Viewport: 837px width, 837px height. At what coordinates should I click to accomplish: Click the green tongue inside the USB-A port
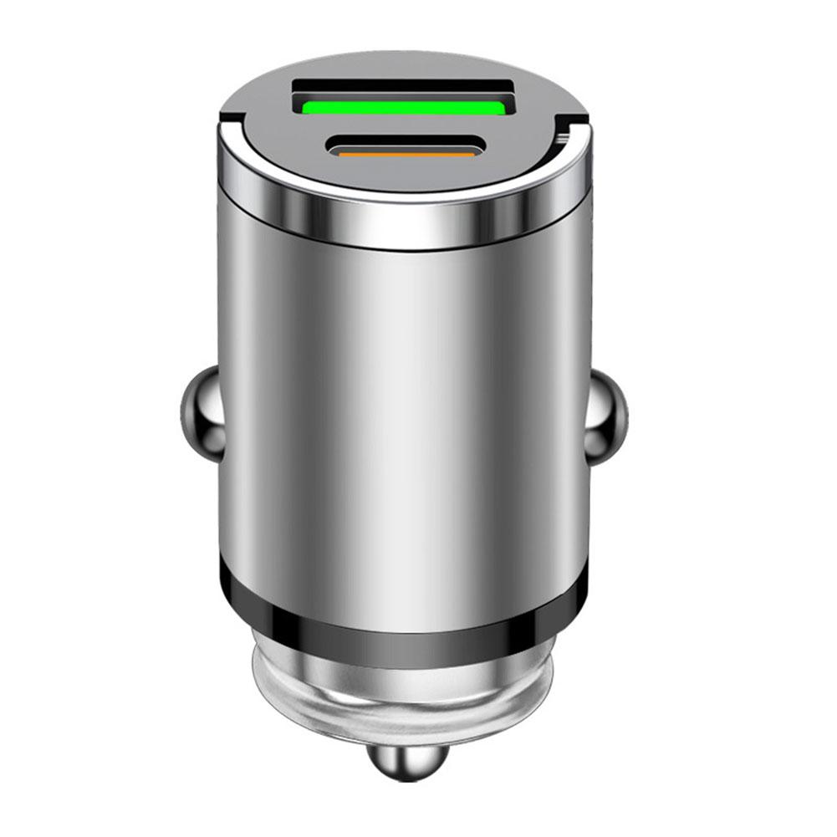coord(401,107)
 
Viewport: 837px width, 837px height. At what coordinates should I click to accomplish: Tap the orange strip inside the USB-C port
coord(403,153)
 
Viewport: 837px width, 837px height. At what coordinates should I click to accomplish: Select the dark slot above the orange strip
coord(403,142)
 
